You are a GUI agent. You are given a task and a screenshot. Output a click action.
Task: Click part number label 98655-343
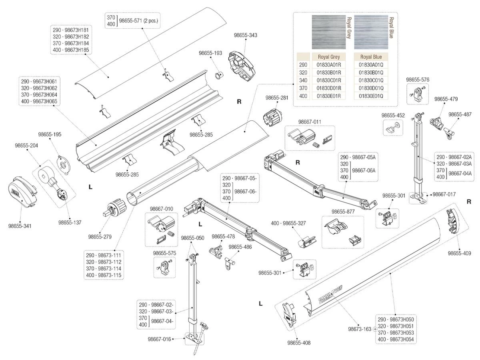(x=245, y=36)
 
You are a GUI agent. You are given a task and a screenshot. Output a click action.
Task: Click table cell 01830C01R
(x=328, y=80)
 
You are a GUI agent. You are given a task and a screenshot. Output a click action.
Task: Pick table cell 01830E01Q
(x=371, y=96)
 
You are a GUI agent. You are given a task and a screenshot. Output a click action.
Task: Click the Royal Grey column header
(x=328, y=57)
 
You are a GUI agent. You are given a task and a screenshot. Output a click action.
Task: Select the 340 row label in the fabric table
(x=303, y=80)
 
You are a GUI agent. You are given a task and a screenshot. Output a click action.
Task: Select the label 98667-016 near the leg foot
(x=159, y=339)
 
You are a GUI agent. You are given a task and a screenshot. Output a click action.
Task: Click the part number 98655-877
(x=343, y=211)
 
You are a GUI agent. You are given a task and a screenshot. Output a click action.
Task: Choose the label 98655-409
(x=459, y=253)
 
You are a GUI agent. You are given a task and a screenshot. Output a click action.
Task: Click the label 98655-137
(x=70, y=222)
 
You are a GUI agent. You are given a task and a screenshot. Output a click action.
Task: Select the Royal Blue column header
(x=371, y=57)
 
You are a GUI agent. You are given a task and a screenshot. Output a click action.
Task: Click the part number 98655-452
(x=393, y=115)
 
